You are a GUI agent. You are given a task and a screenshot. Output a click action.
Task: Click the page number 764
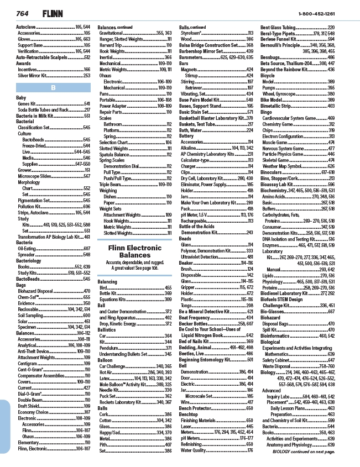pos(23,12)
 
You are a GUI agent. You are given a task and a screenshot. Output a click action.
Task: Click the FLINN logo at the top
pos(50,12)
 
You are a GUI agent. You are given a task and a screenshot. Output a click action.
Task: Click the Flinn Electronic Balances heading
pos(135,251)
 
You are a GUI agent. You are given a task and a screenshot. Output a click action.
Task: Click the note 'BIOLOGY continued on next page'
pos(304,452)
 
